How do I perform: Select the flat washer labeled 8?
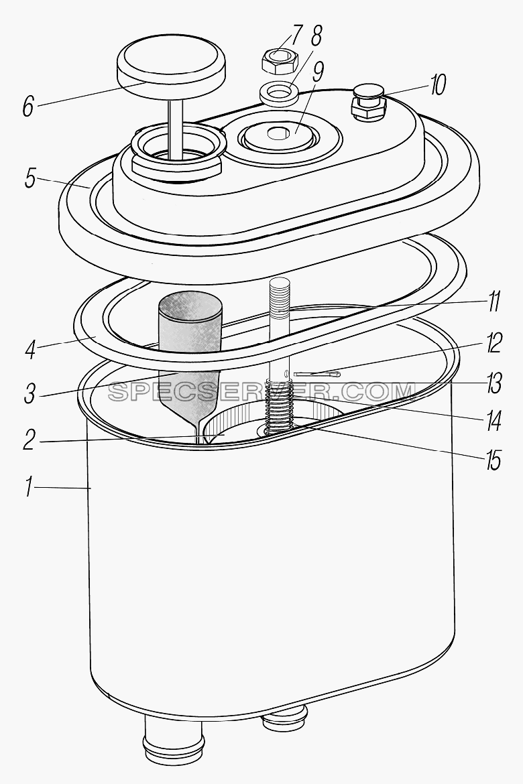coord(279,92)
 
